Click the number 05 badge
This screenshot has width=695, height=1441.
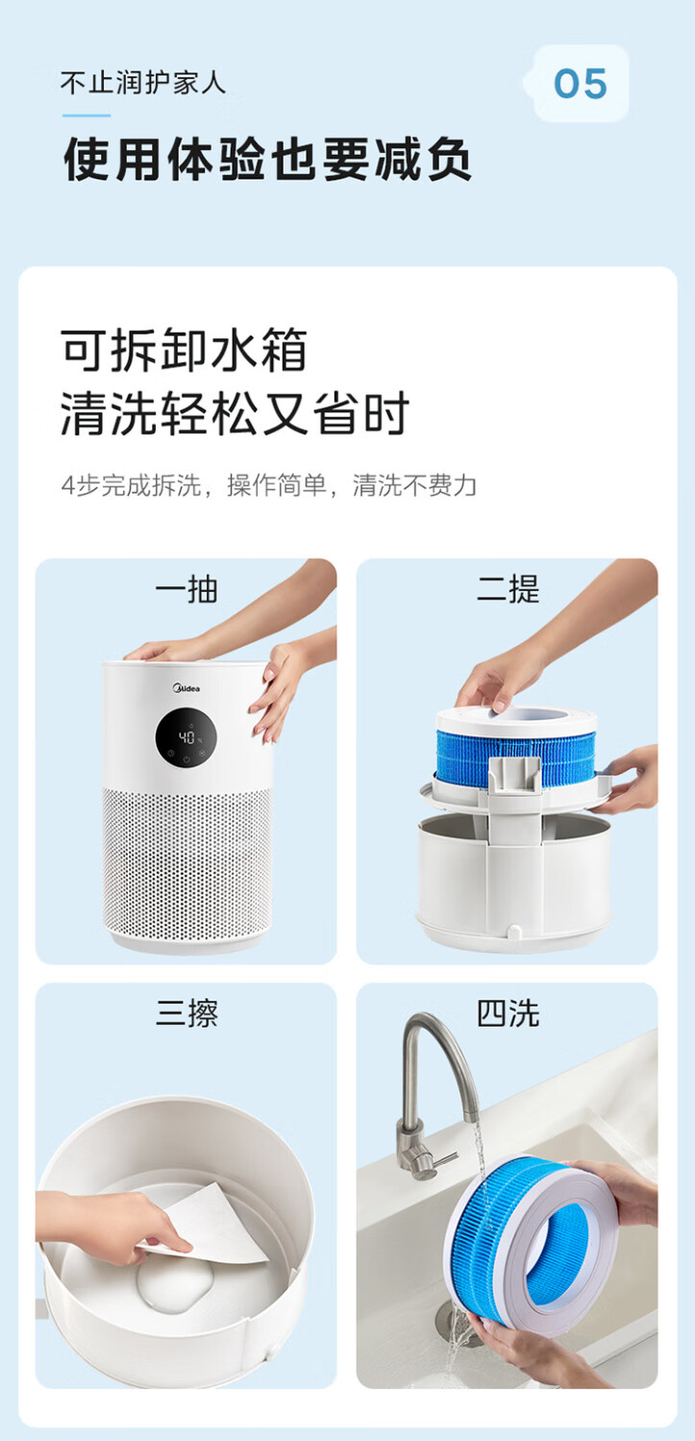[x=581, y=84]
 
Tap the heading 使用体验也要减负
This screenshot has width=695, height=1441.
[x=267, y=160]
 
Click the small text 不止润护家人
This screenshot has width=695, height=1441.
[x=143, y=83]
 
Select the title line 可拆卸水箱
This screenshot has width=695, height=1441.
[x=184, y=350]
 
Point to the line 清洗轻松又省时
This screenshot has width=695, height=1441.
[x=235, y=413]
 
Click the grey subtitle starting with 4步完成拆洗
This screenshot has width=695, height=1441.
[x=269, y=485]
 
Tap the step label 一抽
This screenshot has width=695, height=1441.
[x=186, y=589]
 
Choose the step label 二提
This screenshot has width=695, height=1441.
[x=508, y=589]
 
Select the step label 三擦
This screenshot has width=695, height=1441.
[x=186, y=1013]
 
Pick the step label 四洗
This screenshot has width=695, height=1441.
[x=508, y=1013]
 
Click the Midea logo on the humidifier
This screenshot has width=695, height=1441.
[x=186, y=688]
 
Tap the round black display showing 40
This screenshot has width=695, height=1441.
[x=186, y=738]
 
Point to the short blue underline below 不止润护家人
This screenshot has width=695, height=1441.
[x=87, y=115]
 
